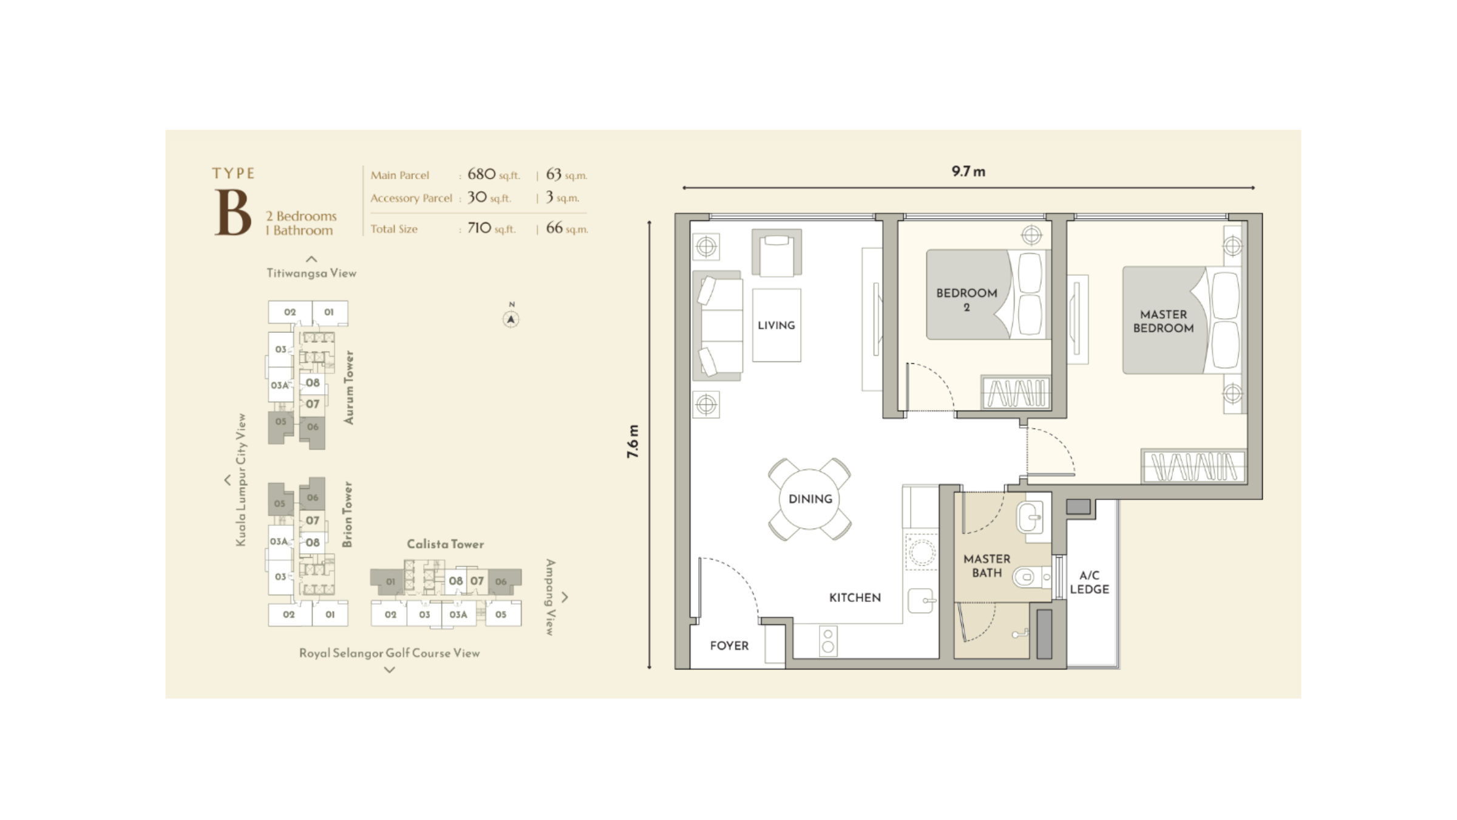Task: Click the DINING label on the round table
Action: click(x=810, y=499)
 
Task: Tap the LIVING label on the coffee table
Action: click(x=776, y=325)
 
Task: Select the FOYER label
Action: click(x=729, y=646)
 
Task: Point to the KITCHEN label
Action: click(x=855, y=598)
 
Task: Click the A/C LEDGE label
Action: click(x=1089, y=582)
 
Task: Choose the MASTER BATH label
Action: click(x=987, y=565)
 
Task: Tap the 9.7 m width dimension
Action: click(x=968, y=171)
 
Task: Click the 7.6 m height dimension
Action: click(x=633, y=441)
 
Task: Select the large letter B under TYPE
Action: click(x=233, y=212)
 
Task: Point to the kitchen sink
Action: click(x=922, y=601)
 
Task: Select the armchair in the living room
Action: click(x=776, y=252)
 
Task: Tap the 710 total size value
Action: click(x=479, y=228)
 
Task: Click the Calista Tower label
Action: click(x=445, y=544)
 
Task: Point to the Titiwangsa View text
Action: click(x=311, y=273)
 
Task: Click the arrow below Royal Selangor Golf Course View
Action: click(x=390, y=670)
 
